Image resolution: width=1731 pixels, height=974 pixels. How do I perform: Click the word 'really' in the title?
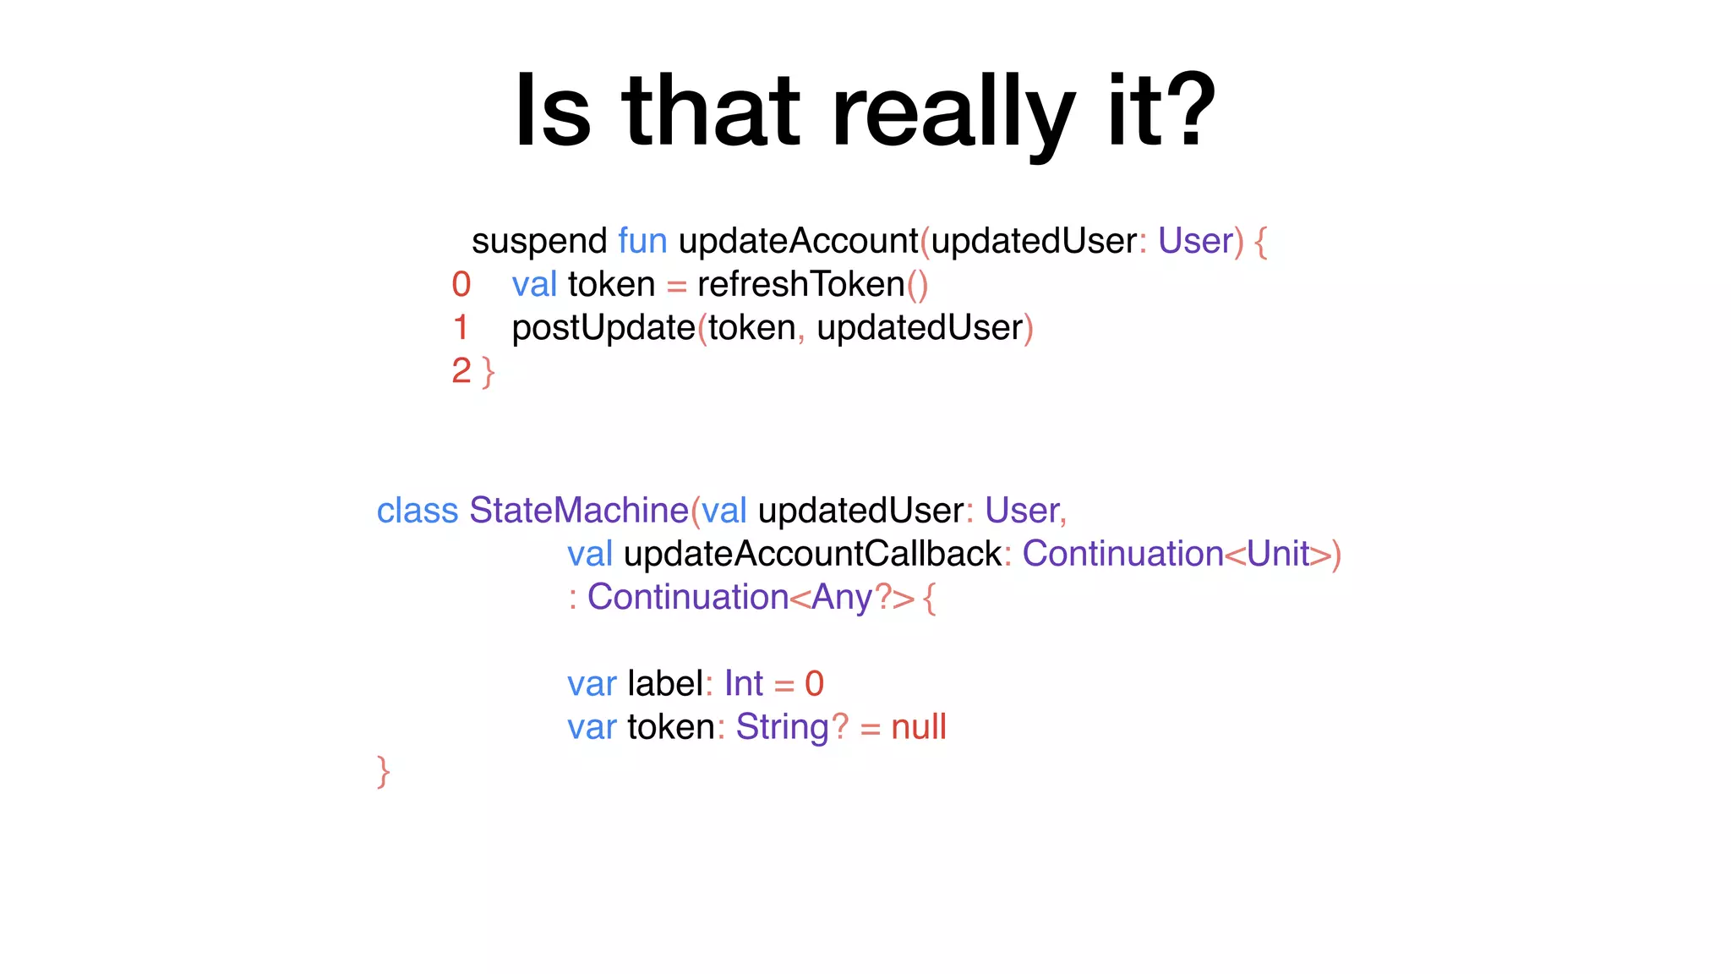point(953,112)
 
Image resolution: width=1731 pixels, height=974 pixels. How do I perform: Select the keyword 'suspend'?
point(538,242)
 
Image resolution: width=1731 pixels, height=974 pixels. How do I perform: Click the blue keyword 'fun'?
point(642,241)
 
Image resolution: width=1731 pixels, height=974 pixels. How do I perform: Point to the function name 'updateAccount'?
point(798,241)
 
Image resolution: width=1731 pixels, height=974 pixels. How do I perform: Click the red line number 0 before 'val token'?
point(461,285)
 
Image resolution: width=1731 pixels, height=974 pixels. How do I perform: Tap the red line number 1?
point(461,328)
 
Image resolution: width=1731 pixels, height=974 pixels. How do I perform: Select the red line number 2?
point(461,371)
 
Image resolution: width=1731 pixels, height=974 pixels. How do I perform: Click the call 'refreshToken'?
point(800,285)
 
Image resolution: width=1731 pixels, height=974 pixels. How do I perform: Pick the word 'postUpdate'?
point(603,328)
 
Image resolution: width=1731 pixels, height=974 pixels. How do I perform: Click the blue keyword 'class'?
point(418,511)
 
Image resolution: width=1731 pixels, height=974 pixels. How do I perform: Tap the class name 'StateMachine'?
point(579,511)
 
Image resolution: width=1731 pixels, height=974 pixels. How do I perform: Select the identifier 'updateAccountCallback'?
point(812,555)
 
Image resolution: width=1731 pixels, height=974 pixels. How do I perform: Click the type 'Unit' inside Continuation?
point(1277,555)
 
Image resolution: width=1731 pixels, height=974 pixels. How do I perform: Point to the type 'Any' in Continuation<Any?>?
point(842,598)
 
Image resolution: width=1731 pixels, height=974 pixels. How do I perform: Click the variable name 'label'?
point(665,684)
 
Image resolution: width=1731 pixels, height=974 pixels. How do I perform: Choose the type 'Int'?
point(743,684)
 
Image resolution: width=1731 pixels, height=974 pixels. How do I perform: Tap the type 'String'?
point(783,727)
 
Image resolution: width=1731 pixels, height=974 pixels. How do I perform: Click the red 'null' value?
point(918,727)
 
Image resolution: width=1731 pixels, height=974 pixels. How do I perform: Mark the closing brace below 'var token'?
point(384,771)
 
